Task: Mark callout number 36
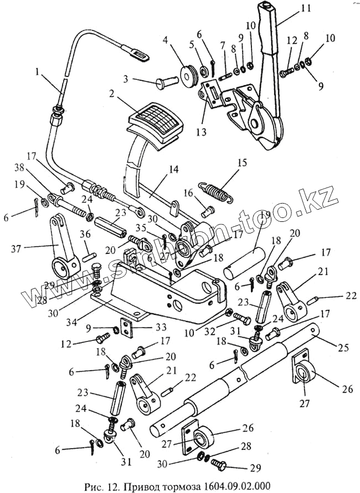[85, 233]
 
